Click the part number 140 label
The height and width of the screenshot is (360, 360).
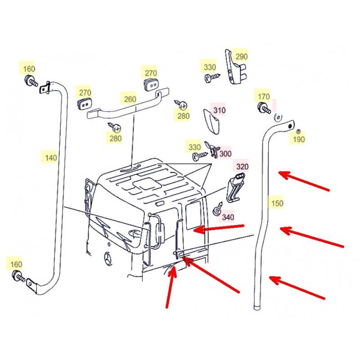point(51,158)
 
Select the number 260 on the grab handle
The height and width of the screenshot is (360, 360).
point(130,99)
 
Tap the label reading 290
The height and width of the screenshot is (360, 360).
point(242,57)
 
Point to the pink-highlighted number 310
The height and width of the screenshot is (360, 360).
point(220,110)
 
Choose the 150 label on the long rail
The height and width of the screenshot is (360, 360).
point(277,203)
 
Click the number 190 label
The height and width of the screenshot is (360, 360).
point(299,139)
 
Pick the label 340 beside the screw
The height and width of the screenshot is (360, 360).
point(228,217)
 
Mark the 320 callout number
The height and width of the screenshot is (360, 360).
point(243,166)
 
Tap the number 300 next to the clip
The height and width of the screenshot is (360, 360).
point(225,153)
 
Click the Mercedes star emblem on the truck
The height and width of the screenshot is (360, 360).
point(108,259)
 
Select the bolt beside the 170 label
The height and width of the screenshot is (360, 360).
point(264,108)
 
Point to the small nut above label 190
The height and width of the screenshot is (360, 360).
point(298,131)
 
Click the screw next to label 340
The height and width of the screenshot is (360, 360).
point(218,209)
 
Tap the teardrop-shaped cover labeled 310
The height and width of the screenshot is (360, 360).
point(211,121)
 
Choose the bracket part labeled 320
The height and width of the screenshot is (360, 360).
point(235,188)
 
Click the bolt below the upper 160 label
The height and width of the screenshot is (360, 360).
point(31,81)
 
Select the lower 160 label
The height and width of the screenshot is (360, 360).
point(16,264)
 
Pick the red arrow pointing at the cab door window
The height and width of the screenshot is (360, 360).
point(219,228)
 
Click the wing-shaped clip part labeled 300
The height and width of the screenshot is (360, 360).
point(212,149)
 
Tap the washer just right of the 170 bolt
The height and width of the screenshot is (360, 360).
point(278,118)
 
